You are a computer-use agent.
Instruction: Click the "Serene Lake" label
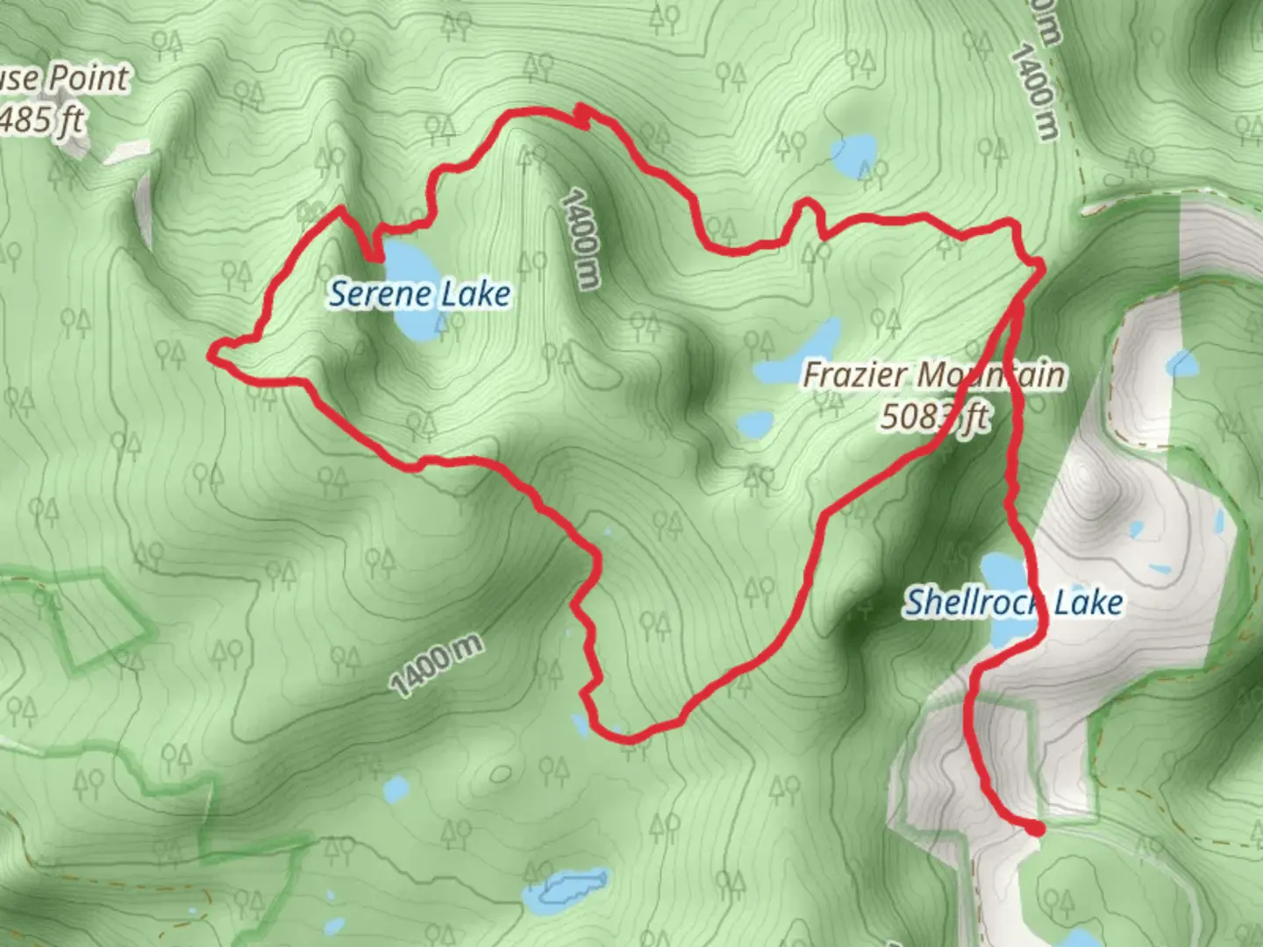pos(419,294)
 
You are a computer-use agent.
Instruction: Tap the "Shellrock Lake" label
pos(1013,602)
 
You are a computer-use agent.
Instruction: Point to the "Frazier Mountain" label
pos(934,375)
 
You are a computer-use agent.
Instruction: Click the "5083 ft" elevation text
pos(934,417)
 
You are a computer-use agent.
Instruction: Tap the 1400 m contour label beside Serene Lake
pos(581,239)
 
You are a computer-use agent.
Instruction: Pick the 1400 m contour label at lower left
pos(436,666)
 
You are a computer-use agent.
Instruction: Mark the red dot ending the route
pos(1037,829)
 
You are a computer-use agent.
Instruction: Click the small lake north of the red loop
pos(854,155)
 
